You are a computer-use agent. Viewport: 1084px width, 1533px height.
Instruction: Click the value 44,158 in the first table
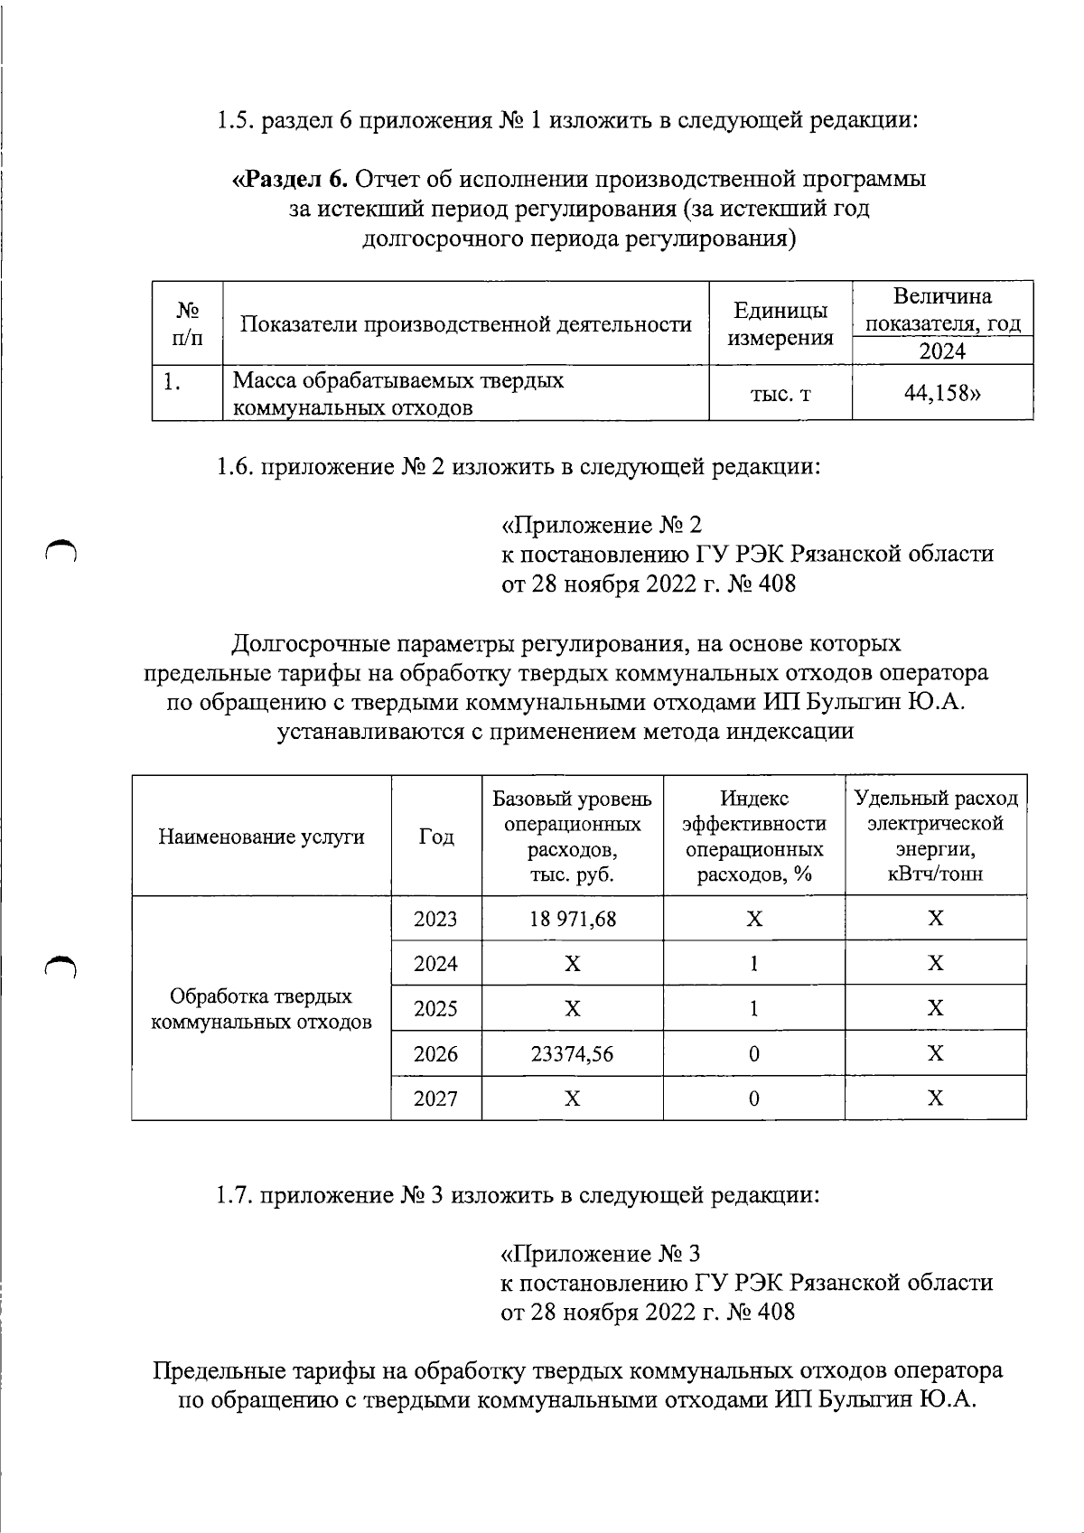click(942, 393)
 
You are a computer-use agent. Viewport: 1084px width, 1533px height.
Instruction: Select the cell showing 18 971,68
click(572, 919)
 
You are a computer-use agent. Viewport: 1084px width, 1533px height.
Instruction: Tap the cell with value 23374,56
click(572, 1053)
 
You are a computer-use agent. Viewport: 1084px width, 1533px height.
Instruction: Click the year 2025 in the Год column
click(435, 1008)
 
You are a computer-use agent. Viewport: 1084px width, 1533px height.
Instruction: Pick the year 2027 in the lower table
click(435, 1098)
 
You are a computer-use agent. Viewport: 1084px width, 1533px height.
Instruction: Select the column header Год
click(435, 837)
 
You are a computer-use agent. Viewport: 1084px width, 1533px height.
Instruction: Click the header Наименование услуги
click(261, 837)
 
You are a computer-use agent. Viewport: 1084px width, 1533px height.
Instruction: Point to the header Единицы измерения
click(780, 324)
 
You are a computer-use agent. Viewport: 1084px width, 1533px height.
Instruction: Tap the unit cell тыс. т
click(780, 394)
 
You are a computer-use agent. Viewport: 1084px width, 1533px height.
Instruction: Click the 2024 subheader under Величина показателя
click(942, 351)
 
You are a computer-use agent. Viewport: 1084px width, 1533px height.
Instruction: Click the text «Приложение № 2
click(602, 525)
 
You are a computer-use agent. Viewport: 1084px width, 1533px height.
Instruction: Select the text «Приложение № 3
click(601, 1254)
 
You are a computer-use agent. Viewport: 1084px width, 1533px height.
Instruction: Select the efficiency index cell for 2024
click(753, 964)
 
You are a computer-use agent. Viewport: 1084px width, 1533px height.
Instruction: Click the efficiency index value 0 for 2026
click(753, 1053)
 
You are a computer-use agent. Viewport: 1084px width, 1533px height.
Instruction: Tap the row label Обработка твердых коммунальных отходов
click(261, 1009)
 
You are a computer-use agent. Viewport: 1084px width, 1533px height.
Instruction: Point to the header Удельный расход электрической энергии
click(936, 837)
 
